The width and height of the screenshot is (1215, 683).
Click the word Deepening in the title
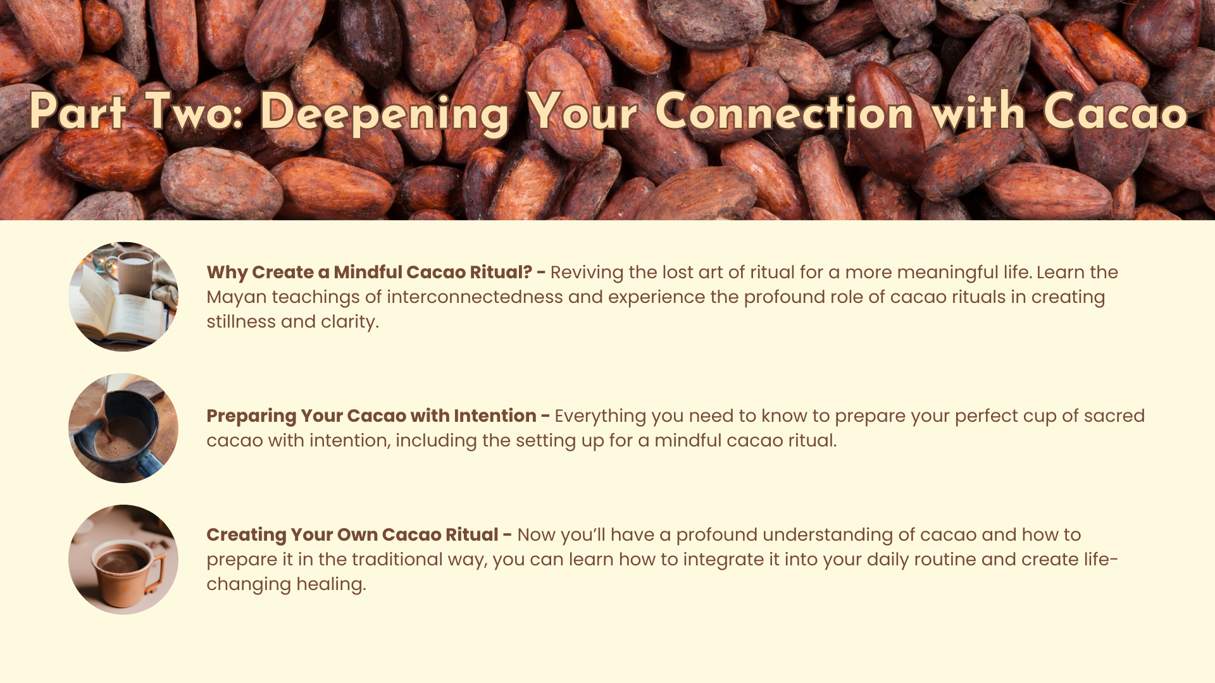click(x=384, y=113)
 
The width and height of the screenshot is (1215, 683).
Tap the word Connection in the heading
click(x=784, y=112)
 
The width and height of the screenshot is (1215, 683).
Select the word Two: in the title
click(x=194, y=112)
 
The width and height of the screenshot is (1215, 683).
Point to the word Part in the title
click(x=78, y=112)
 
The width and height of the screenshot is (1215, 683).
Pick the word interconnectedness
click(x=475, y=297)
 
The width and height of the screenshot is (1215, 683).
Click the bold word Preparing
click(x=251, y=416)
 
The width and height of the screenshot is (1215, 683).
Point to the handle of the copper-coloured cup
click(x=157, y=572)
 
